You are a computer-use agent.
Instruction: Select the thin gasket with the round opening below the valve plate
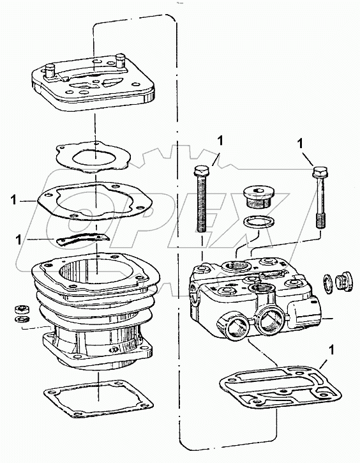coord(95,156)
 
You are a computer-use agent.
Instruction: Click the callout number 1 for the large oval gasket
coord(13,201)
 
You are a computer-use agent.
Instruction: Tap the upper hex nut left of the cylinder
coord(20,308)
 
